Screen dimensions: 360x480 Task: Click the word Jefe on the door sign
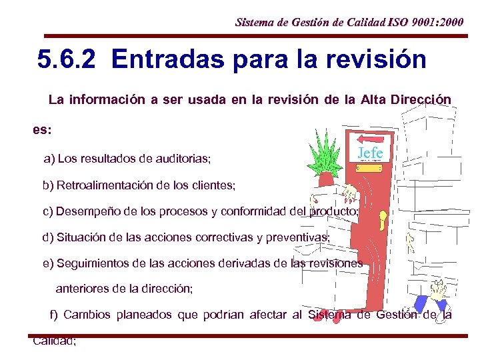point(370,153)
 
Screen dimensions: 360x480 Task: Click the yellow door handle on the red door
point(383,219)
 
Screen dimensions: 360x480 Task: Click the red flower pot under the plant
point(327,179)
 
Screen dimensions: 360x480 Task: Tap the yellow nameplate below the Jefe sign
point(369,169)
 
